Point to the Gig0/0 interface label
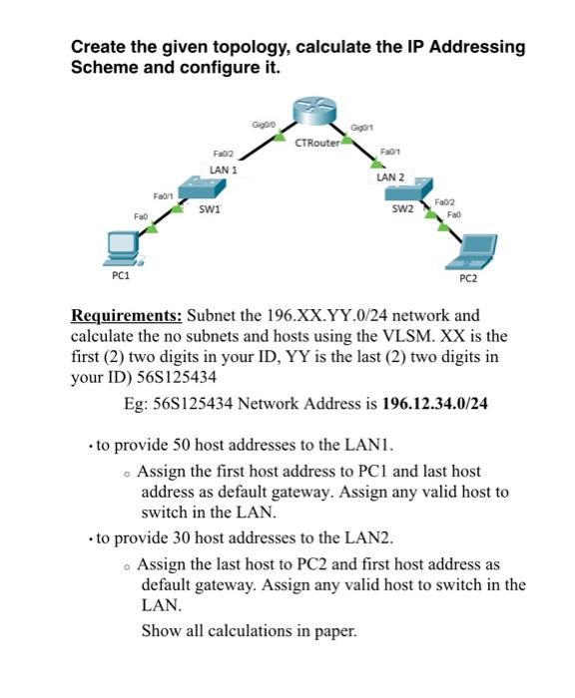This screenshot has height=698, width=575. coord(265,125)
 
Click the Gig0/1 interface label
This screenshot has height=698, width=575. coord(362,127)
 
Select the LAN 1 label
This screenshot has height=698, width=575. coord(224,170)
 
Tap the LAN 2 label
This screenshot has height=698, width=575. coord(390,176)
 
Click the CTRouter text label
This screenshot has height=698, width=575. coord(317,145)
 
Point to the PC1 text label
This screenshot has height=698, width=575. coord(125,274)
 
